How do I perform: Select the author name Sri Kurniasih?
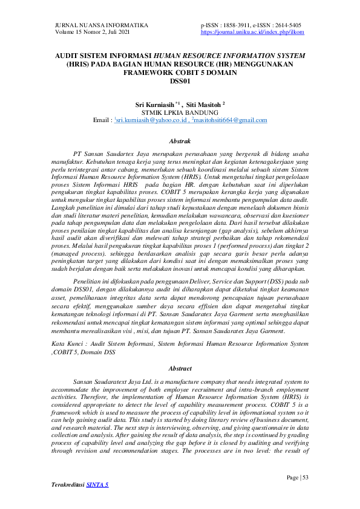tap(156, 105)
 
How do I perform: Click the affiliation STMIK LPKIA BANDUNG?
tap(179, 112)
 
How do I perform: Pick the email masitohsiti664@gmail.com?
tap(233, 121)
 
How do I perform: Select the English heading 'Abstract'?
tap(180, 368)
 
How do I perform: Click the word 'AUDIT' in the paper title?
tap(68, 55)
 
